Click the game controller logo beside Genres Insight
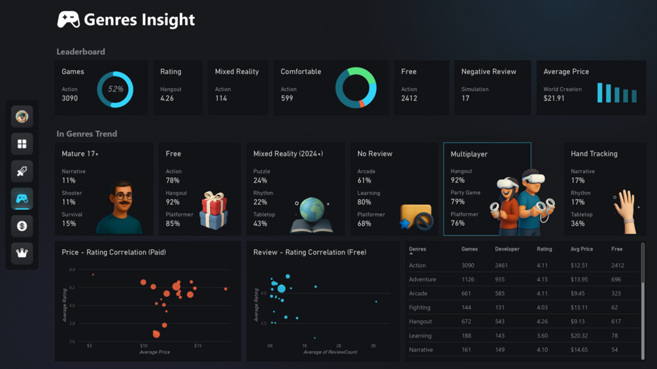69,20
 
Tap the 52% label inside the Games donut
115,89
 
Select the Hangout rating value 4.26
167,99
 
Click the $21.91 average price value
554,99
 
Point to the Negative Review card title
488,72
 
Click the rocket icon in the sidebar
22,171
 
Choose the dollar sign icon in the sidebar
22,226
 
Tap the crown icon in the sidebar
22,253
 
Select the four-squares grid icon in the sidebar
22,144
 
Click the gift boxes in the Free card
213,210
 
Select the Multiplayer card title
469,154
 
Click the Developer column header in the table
507,249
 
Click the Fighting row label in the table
420,307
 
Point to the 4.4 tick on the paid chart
71,270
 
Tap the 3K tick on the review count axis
373,345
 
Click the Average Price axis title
154,352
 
